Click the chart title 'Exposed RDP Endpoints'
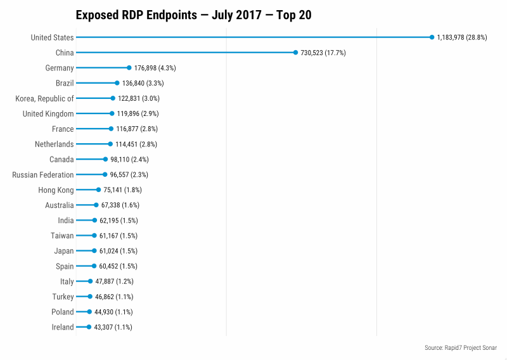193,15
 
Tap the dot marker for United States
432,37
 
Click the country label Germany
60,68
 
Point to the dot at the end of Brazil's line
117,83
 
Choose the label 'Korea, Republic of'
44,98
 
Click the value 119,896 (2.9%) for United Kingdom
138,113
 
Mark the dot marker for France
111,129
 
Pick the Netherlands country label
55,144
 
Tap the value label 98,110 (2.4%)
130,159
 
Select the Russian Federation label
43,174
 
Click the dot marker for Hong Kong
98,190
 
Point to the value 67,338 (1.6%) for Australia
120,205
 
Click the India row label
66,220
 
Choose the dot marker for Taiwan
94,235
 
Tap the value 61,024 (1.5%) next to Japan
119,250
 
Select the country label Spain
65,266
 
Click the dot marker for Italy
90,281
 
